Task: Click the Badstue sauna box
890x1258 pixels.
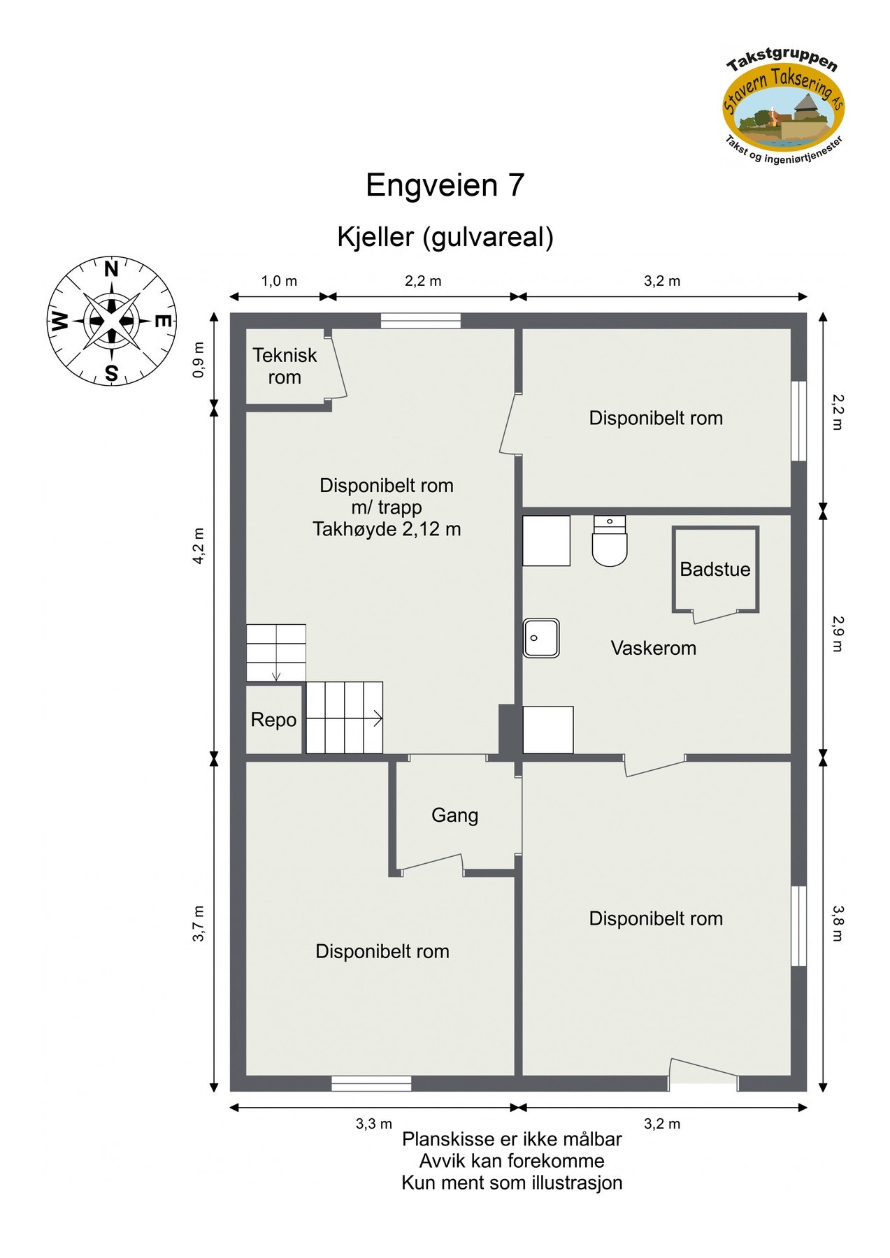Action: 715,570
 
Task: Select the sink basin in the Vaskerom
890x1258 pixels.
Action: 541,637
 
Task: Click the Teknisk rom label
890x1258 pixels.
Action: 285,366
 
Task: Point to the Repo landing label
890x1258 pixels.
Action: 273,720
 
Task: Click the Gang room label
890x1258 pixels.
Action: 454,815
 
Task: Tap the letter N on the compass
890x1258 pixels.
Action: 111,269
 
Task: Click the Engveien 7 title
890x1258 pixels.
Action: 445,185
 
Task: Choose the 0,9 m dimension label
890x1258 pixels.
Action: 199,360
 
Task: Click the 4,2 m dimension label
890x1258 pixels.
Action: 199,546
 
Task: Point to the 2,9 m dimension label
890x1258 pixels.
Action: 838,633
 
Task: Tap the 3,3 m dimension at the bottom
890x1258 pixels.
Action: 374,1124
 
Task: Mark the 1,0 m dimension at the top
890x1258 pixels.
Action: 279,281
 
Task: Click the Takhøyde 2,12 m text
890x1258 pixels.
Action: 387,529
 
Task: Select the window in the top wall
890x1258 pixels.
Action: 421,321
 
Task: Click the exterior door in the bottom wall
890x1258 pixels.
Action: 703,1082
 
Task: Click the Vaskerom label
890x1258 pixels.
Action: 653,648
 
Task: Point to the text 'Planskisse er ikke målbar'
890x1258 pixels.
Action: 512,1139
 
